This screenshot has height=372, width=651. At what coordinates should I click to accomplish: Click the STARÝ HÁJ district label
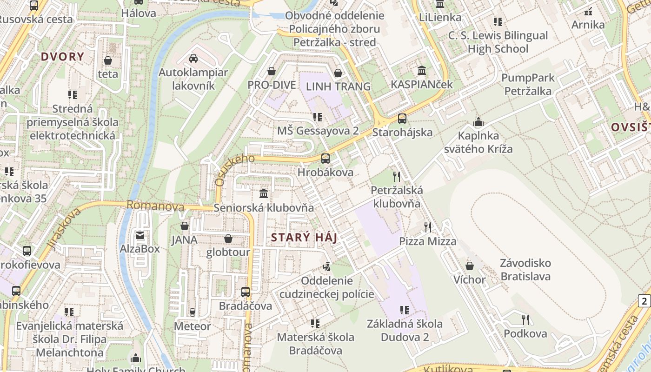[304, 238]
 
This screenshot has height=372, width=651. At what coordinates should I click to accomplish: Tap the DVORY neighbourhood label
[62, 57]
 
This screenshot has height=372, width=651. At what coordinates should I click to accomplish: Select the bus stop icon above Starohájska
[402, 119]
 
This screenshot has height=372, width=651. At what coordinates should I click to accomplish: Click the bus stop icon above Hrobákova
[325, 159]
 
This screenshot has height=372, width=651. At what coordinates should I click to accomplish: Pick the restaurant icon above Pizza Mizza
[428, 227]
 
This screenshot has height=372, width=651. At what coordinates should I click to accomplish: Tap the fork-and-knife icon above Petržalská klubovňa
[397, 176]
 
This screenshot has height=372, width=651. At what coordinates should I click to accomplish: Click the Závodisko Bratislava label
[525, 270]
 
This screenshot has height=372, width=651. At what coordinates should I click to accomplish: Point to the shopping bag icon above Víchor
[470, 266]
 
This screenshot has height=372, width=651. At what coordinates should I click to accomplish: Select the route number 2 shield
[644, 301]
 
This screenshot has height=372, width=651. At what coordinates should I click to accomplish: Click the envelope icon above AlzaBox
[140, 235]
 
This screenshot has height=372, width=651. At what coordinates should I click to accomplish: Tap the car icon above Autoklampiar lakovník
[193, 59]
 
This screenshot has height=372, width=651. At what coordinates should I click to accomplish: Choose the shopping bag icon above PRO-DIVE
[272, 71]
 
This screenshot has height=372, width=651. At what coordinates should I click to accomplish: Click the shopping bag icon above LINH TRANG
[338, 73]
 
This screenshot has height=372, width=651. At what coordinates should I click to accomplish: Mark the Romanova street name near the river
[155, 206]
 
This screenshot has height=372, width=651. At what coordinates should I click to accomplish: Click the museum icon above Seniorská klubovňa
[264, 193]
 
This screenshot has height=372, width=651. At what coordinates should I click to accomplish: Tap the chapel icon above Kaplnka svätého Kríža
[478, 122]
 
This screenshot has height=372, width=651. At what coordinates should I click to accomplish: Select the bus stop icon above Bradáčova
[245, 292]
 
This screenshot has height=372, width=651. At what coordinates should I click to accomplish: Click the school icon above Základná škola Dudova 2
[405, 310]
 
